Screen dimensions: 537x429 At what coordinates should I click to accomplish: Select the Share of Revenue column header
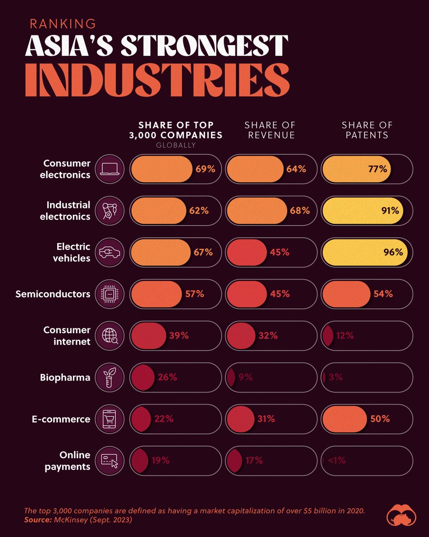(x=270, y=130)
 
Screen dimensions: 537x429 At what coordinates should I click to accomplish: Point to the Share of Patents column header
(x=366, y=130)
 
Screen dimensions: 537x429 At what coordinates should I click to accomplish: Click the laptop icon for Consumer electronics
(x=109, y=169)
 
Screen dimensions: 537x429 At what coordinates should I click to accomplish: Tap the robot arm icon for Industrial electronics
(x=109, y=210)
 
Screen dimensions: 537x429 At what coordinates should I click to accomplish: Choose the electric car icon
(x=109, y=252)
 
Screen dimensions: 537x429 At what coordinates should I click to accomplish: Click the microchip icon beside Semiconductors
(x=109, y=294)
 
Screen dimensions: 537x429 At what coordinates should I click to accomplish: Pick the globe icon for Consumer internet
(x=109, y=336)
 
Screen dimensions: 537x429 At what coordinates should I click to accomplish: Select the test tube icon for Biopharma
(x=109, y=377)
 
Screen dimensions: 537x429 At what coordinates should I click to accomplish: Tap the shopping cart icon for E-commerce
(x=109, y=419)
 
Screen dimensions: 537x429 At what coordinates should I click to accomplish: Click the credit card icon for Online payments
(x=109, y=461)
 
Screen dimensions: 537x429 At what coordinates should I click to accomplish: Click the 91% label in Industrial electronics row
(x=389, y=210)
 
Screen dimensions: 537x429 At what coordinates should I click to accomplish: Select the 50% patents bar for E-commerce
(x=344, y=419)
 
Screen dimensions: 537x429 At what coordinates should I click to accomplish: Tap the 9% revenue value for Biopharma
(x=245, y=377)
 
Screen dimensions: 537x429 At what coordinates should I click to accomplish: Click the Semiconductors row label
(x=53, y=294)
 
